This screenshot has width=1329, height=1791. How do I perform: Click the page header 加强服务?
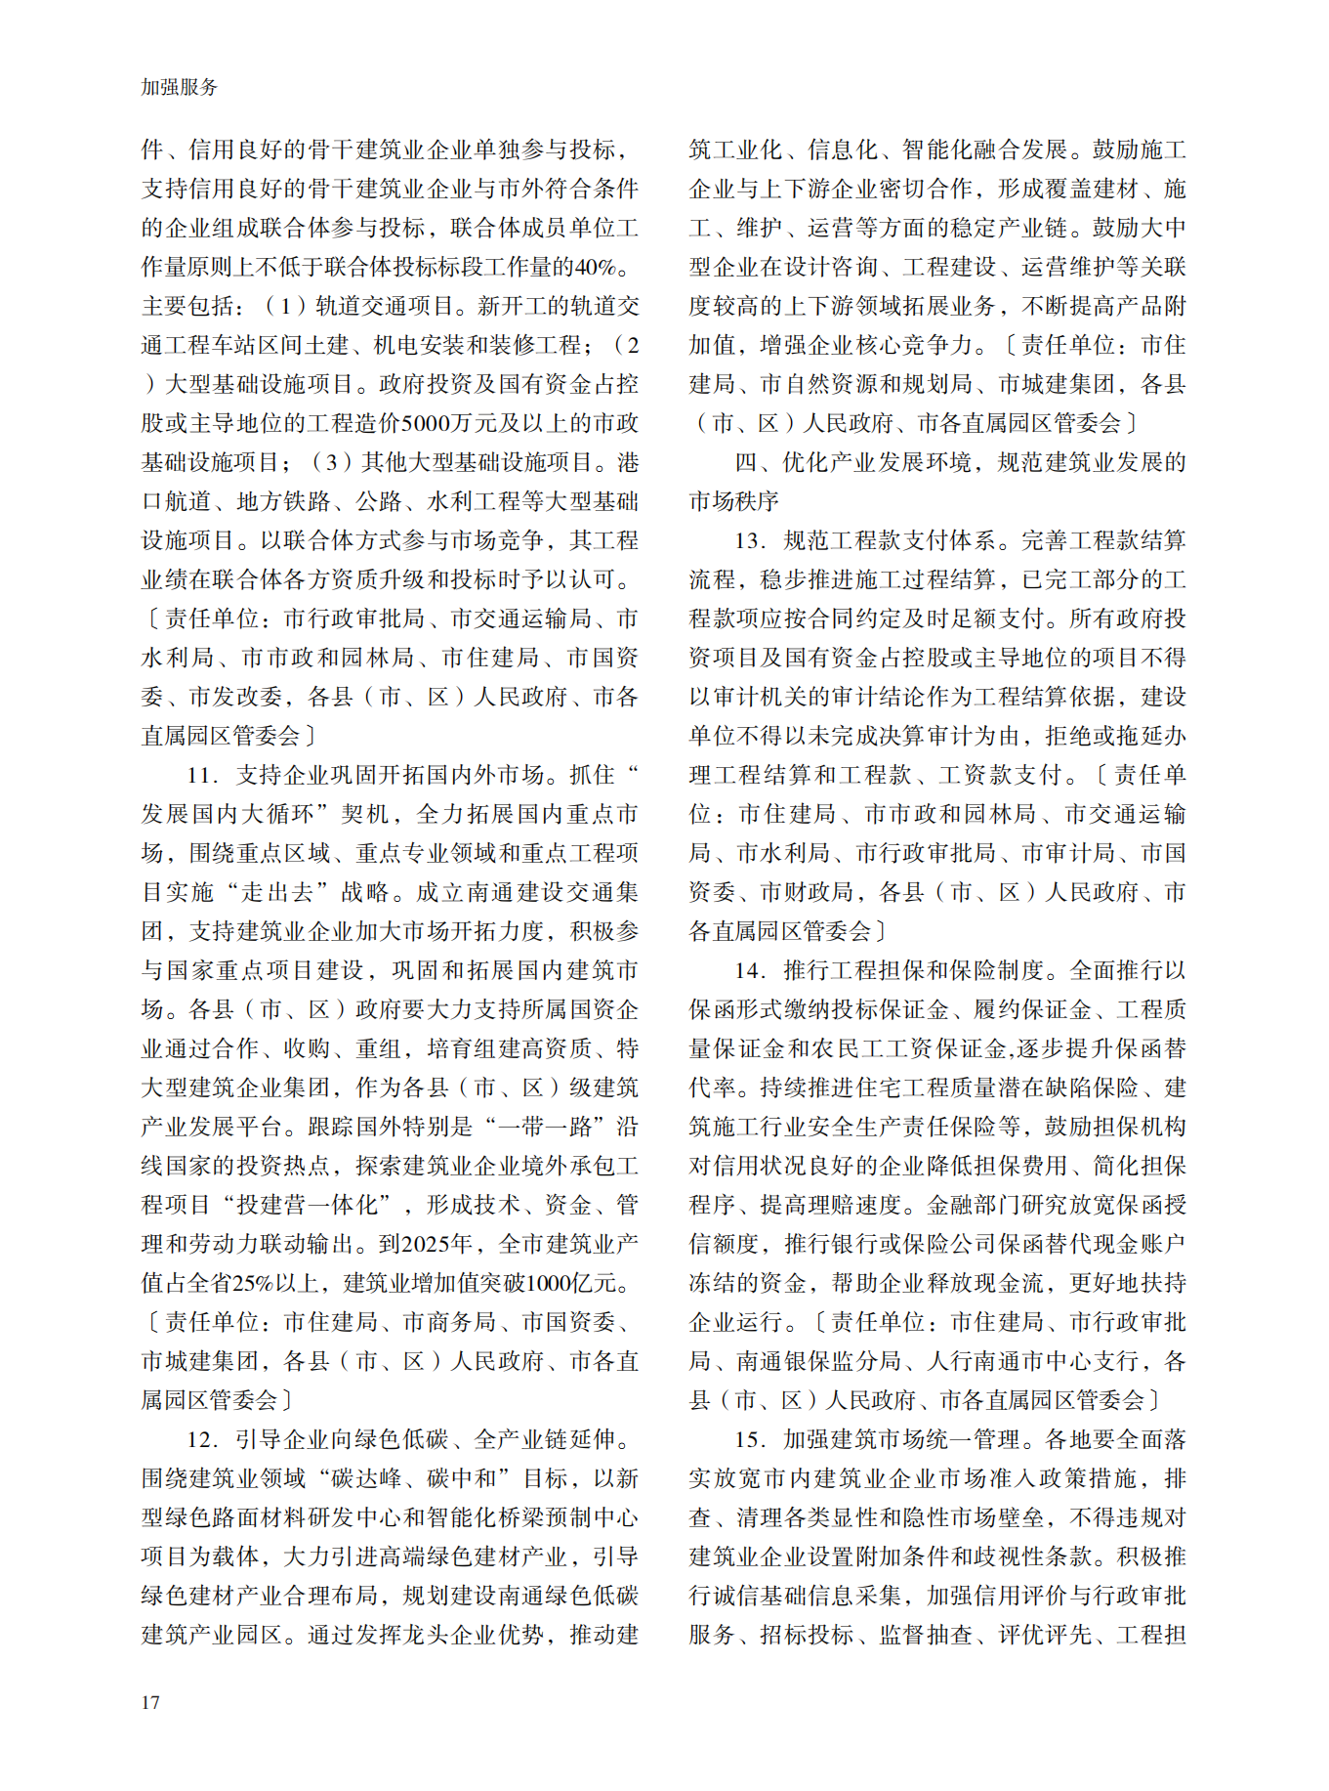[180, 87]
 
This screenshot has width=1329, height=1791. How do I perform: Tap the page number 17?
[150, 1702]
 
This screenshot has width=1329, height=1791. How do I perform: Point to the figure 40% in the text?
[596, 267]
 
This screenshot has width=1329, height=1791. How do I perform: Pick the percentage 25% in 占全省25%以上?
[255, 1283]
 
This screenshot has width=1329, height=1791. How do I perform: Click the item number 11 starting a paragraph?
[200, 775]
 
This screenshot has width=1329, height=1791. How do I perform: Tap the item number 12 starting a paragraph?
[200, 1439]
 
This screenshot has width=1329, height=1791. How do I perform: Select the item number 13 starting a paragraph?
[749, 540]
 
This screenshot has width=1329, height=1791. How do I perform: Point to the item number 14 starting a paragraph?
[749, 970]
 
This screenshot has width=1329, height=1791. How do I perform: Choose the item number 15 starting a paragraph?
[749, 1439]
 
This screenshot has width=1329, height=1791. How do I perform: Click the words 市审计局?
[1068, 853]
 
